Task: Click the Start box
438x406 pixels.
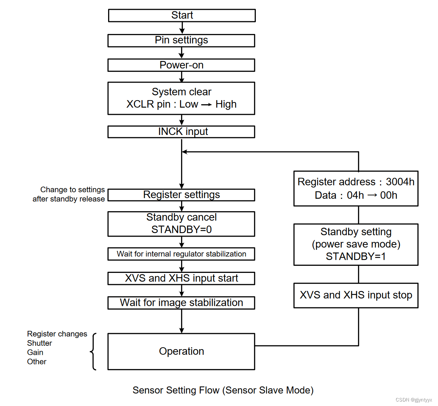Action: pyautogui.click(x=182, y=15)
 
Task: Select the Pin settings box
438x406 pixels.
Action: pyautogui.click(x=181, y=40)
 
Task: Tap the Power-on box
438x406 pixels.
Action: pyautogui.click(x=181, y=65)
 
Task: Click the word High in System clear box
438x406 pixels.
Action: pyautogui.click(x=226, y=104)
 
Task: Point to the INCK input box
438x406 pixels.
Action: pyautogui.click(x=181, y=132)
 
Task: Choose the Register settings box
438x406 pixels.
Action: pyautogui.click(x=181, y=195)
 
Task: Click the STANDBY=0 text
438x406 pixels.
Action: pyautogui.click(x=181, y=230)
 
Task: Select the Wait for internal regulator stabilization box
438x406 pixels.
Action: pyautogui.click(x=181, y=254)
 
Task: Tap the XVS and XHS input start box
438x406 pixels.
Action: pyautogui.click(x=181, y=279)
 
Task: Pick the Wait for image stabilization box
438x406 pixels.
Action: pyautogui.click(x=181, y=303)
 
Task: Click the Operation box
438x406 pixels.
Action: pyautogui.click(x=181, y=351)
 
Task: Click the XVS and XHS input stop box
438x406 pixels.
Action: pyautogui.click(x=356, y=295)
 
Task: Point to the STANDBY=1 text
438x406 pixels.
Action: pyautogui.click(x=356, y=256)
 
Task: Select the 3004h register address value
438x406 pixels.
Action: pyautogui.click(x=400, y=182)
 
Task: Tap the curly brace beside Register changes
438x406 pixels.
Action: pyautogui.click(x=93, y=351)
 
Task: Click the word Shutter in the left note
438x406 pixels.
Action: pyautogui.click(x=39, y=343)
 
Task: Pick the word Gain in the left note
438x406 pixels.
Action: pyautogui.click(x=35, y=353)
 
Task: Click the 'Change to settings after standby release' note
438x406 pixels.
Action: pyautogui.click(x=69, y=194)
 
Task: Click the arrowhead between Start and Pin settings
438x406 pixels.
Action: pyautogui.click(x=182, y=31)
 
